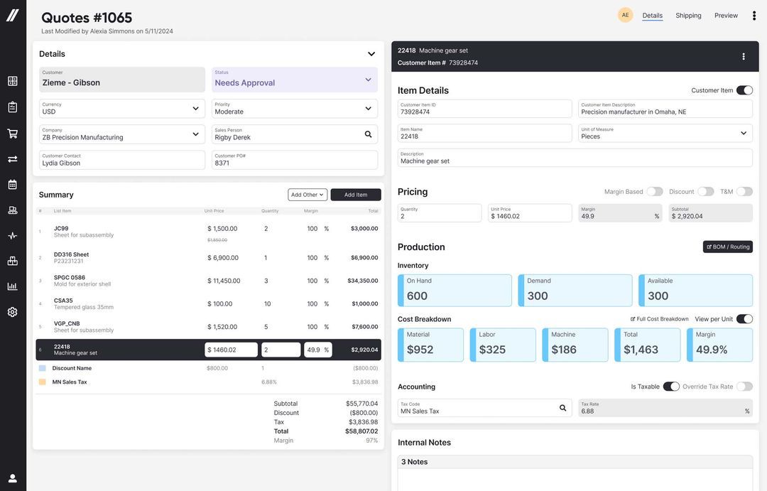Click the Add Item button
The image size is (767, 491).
356,195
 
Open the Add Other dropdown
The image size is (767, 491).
307,195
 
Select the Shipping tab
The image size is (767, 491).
688,16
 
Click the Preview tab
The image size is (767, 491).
726,16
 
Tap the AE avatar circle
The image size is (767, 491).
625,15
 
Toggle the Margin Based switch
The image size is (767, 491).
654,192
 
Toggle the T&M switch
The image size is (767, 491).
744,192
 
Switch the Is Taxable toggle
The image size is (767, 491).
671,387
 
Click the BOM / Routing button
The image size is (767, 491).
728,247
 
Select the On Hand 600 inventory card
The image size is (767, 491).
455,290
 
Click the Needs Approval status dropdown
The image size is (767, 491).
294,80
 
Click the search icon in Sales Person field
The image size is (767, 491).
368,134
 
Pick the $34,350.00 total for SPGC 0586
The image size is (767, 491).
363,281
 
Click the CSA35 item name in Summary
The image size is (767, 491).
63,301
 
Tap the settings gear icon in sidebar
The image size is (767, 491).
13,312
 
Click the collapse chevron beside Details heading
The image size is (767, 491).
371,54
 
